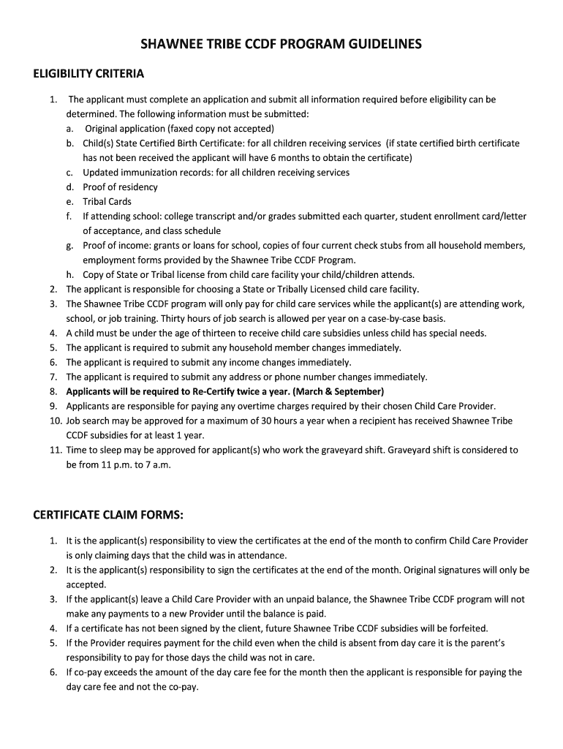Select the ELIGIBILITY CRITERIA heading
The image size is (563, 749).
coord(89,74)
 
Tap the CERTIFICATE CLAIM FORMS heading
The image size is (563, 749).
coord(107,516)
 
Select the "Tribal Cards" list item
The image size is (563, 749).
coord(107,201)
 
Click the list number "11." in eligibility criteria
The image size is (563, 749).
coord(56,450)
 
